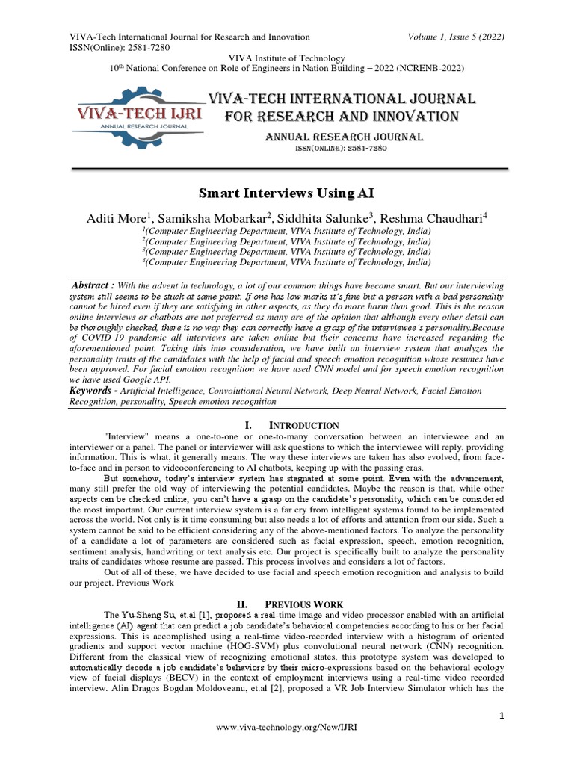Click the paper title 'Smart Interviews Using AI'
(286, 193)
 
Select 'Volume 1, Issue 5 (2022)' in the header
(457, 36)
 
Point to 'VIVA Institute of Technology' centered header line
(286, 58)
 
